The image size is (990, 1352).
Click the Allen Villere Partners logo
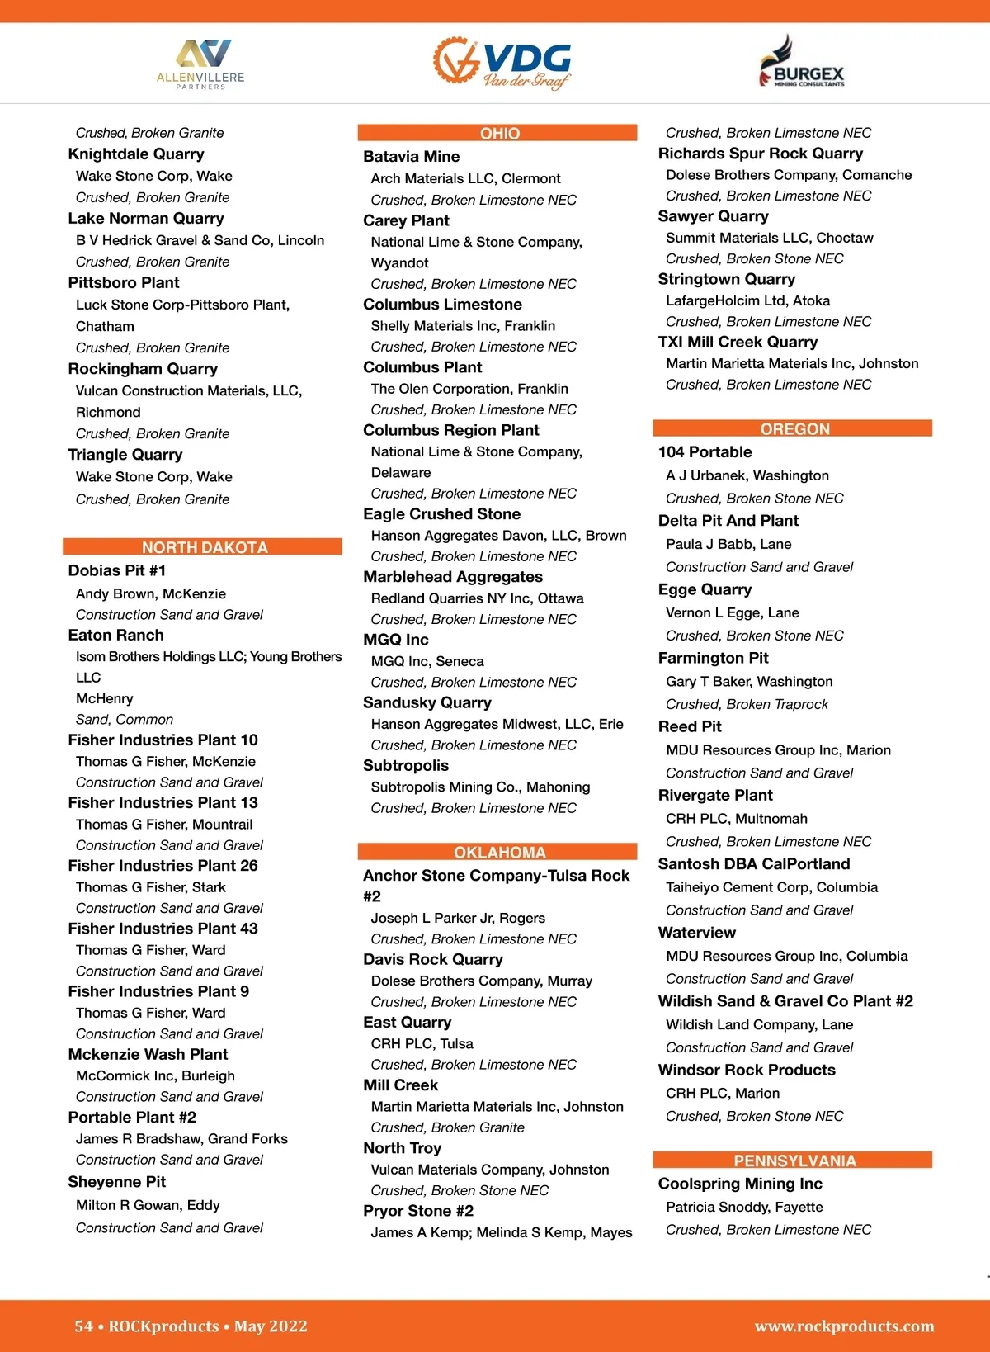click(x=200, y=64)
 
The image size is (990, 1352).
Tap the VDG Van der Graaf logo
click(x=502, y=62)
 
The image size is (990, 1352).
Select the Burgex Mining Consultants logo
click(x=801, y=62)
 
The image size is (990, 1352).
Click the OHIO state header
click(x=499, y=133)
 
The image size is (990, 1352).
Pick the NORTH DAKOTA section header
click(x=204, y=547)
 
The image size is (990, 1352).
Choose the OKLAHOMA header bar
click(x=499, y=852)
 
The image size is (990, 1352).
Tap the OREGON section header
click(x=794, y=428)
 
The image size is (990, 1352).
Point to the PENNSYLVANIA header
click(x=794, y=1161)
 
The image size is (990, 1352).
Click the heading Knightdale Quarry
click(x=136, y=154)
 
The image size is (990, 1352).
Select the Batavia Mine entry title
click(x=411, y=157)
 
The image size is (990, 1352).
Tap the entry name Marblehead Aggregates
click(x=453, y=577)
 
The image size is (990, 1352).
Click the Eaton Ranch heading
click(x=115, y=636)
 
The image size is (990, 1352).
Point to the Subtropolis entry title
click(x=406, y=766)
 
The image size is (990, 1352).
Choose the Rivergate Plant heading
click(x=715, y=796)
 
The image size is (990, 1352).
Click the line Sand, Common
click(x=125, y=720)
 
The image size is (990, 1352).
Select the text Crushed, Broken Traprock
click(x=747, y=704)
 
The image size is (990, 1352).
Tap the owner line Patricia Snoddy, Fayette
click(x=744, y=1207)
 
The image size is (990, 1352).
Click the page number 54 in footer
click(x=83, y=1326)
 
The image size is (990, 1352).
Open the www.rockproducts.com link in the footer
click(x=844, y=1326)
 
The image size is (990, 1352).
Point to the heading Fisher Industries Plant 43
click(x=163, y=929)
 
